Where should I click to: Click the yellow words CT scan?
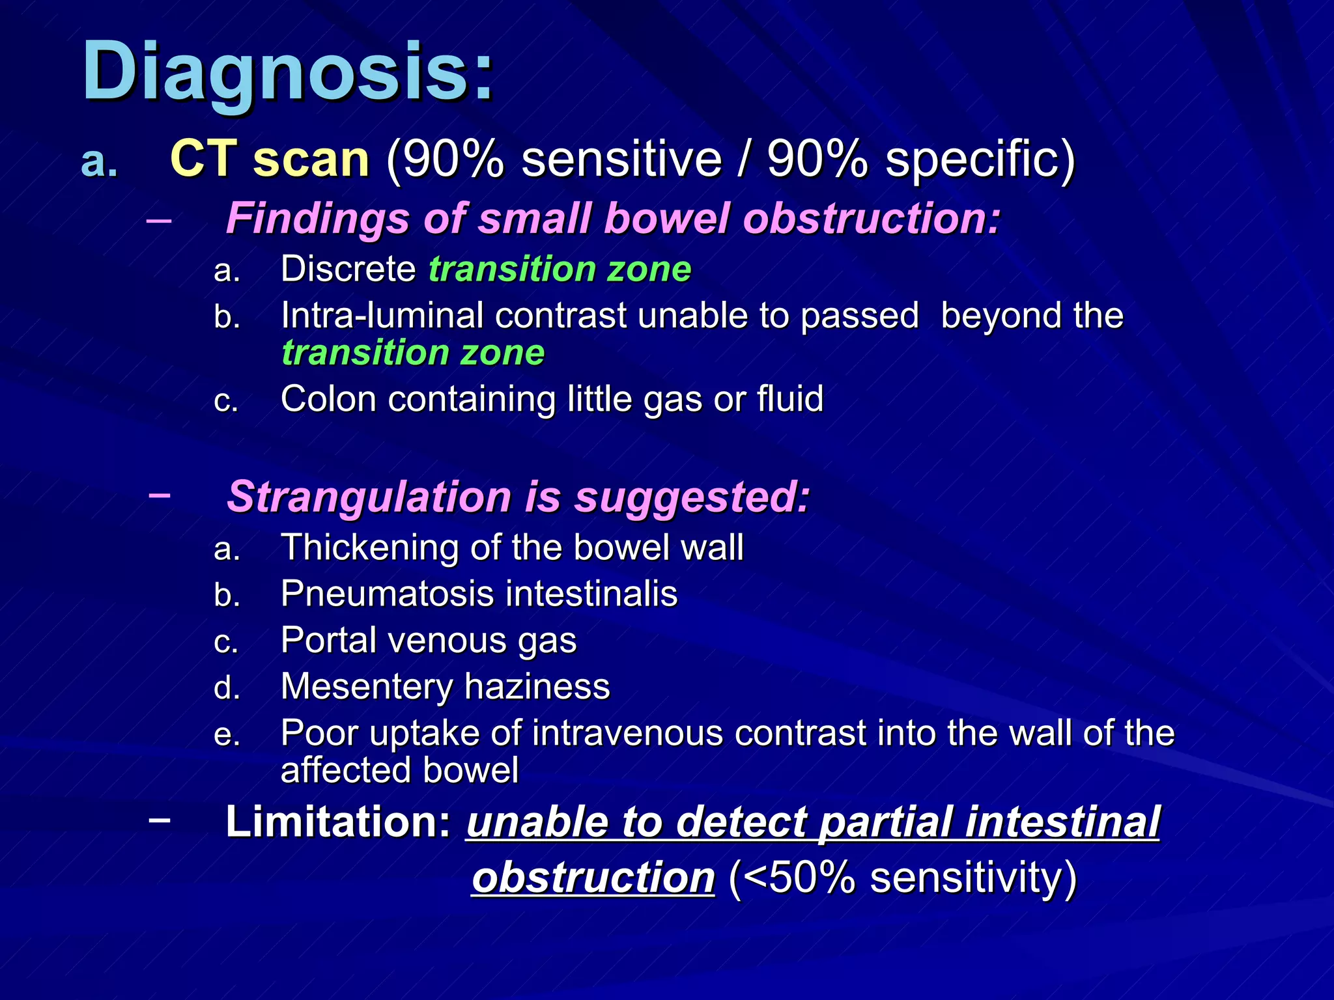[269, 160]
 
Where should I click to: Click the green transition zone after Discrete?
[559, 269]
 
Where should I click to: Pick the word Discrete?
[348, 269]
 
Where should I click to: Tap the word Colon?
[328, 398]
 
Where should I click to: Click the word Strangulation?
[368, 497]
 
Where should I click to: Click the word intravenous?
[628, 733]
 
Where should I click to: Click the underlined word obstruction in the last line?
[593, 878]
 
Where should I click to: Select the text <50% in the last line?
[797, 878]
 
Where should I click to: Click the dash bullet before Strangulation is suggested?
[160, 495]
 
